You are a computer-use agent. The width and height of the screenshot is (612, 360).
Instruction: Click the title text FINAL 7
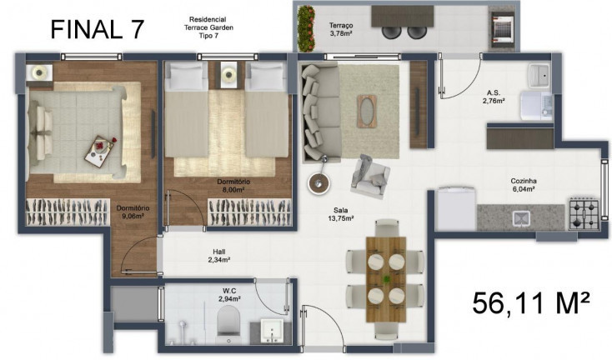98,28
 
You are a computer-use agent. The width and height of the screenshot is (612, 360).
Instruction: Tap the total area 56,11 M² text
531,302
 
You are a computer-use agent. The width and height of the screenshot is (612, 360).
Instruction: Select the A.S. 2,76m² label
494,97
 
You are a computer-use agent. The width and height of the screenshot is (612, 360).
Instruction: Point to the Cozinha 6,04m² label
524,185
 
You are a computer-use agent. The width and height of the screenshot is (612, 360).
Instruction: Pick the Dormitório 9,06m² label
133,212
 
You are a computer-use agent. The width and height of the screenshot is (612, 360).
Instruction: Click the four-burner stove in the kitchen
583,214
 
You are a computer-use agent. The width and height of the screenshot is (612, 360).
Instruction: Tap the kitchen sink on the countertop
523,218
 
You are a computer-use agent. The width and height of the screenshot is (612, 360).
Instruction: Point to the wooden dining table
385,272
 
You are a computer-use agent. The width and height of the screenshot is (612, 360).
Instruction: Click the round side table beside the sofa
318,182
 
